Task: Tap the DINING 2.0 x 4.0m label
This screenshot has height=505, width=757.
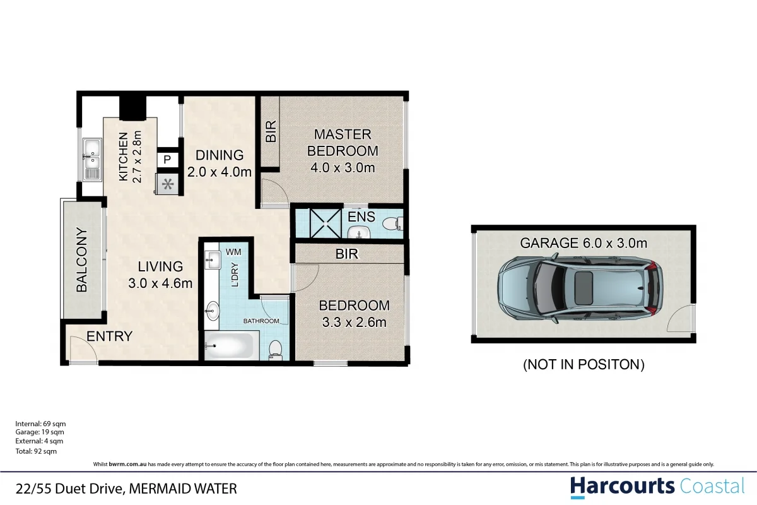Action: [x=220, y=163]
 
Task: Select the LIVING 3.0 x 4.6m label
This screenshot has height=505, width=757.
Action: [x=160, y=275]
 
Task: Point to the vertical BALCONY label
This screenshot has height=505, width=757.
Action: [x=81, y=259]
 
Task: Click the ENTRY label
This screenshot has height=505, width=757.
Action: [x=109, y=336]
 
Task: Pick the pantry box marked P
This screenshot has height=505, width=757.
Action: [x=167, y=160]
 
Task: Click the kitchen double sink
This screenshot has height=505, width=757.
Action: [x=92, y=158]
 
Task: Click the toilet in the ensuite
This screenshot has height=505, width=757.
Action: [x=392, y=223]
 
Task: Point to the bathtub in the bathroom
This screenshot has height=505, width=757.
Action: [x=229, y=346]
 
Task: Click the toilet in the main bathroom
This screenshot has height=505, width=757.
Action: [x=276, y=349]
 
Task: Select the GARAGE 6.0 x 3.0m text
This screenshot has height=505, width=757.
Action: [x=583, y=243]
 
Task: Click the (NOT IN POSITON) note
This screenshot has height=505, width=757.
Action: [x=584, y=364]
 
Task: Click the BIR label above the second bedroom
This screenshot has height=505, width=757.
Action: [x=348, y=254]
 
